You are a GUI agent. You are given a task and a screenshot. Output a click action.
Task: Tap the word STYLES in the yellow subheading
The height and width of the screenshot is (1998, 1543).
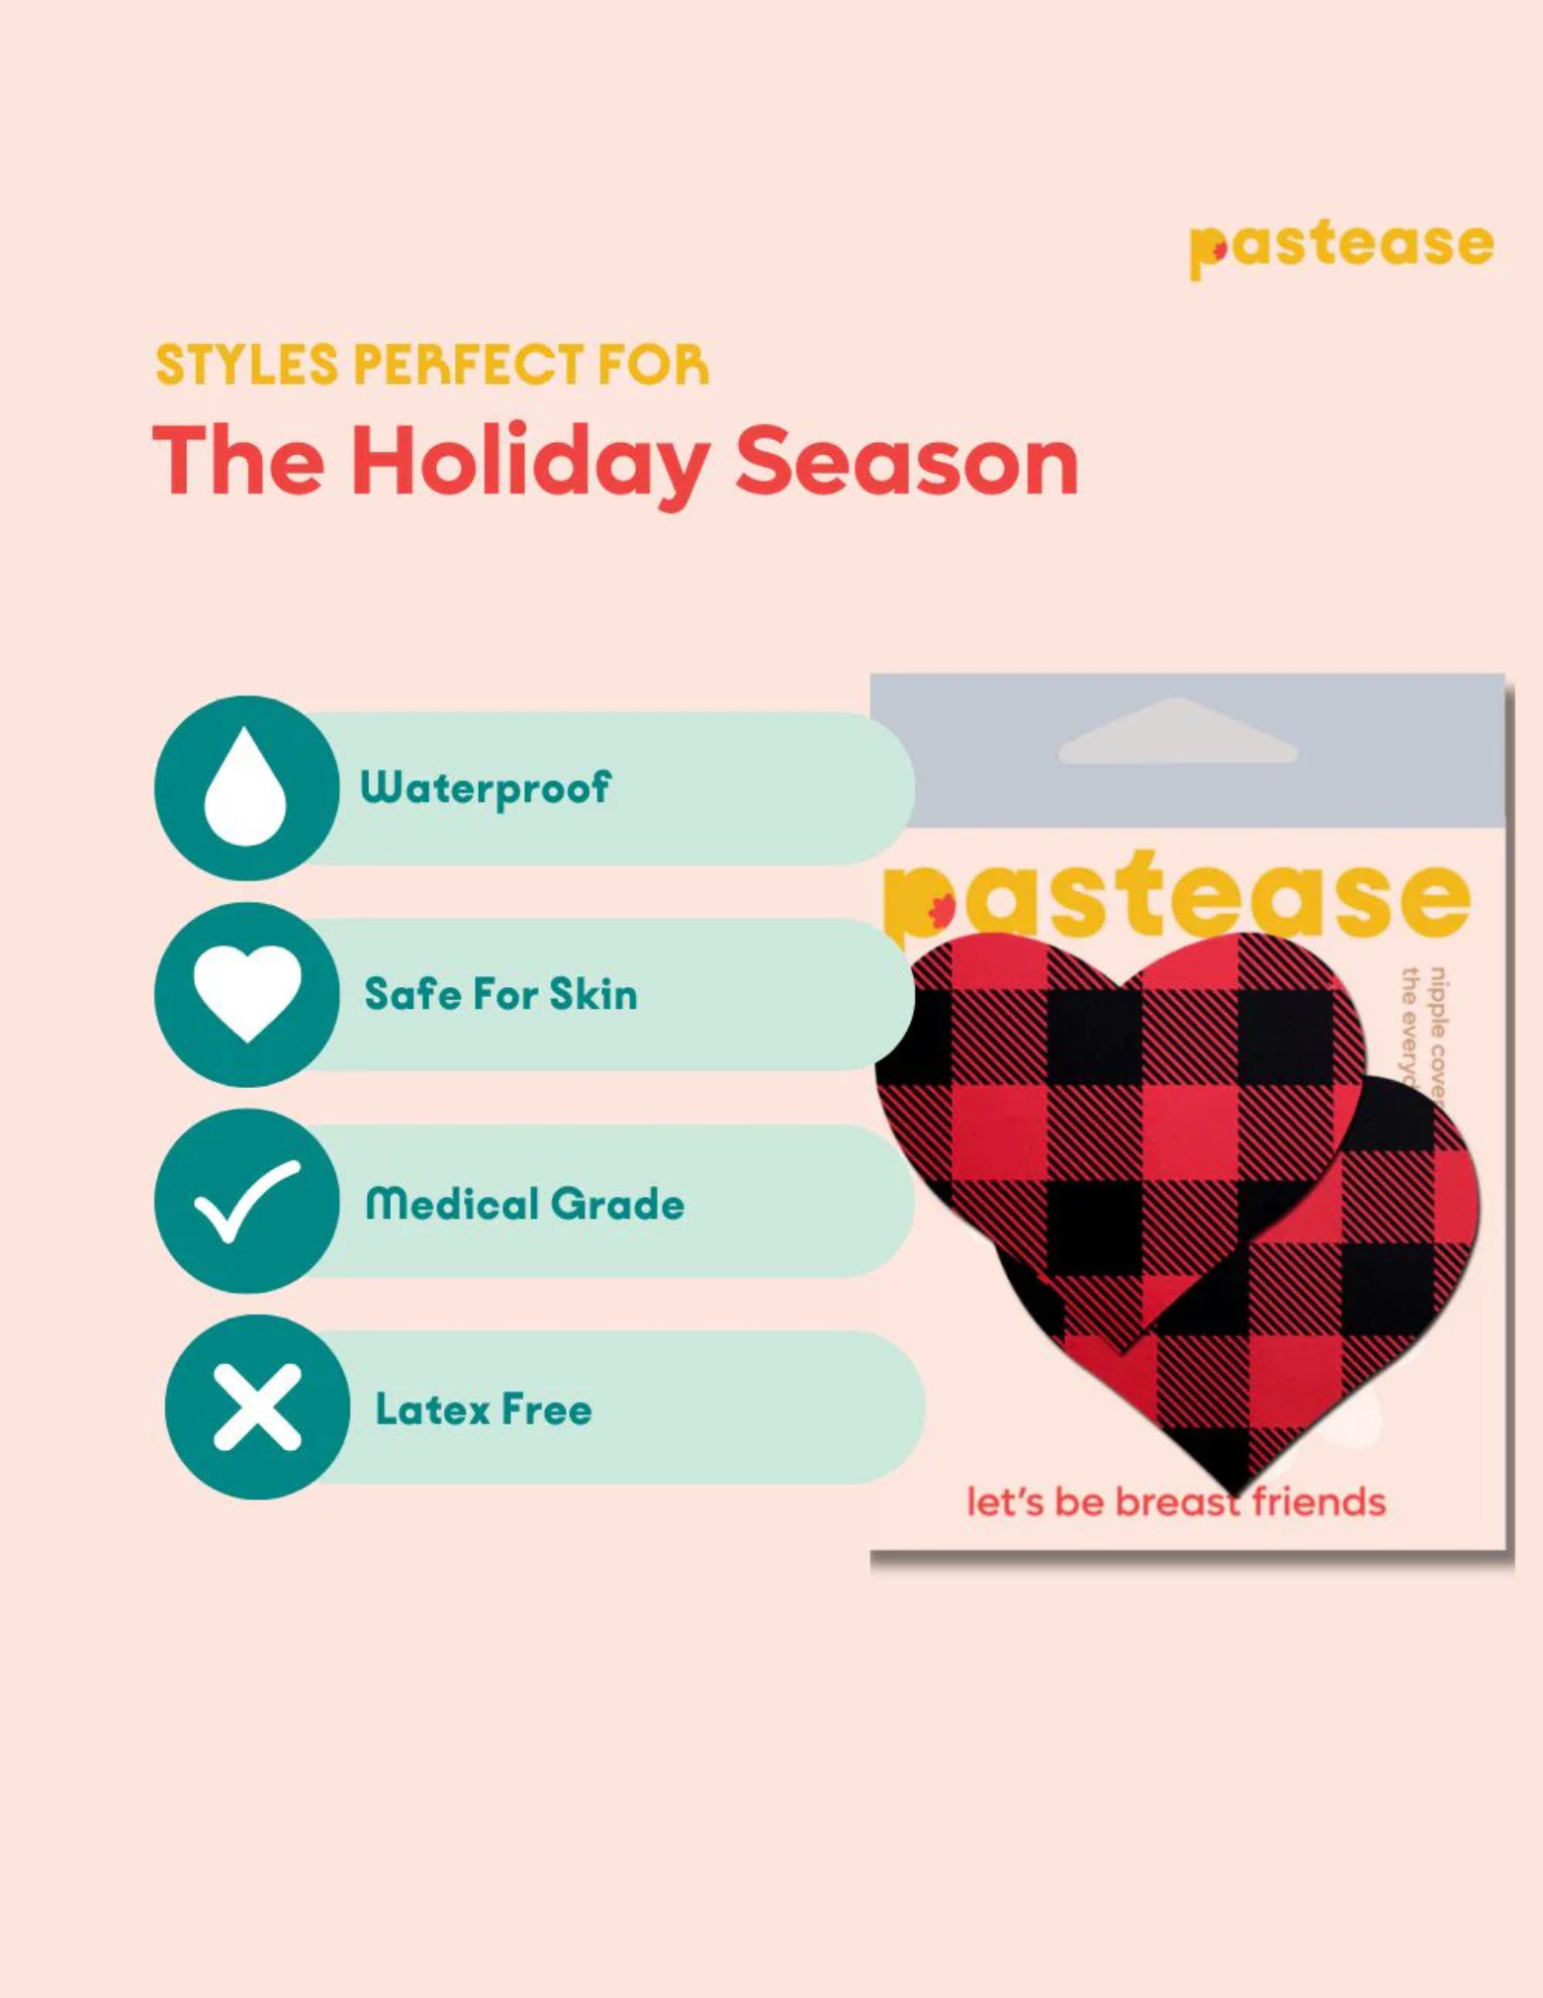point(246,365)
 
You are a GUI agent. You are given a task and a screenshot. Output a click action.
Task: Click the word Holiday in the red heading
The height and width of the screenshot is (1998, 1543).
point(529,462)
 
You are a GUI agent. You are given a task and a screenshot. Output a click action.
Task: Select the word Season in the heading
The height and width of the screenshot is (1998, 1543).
point(906,462)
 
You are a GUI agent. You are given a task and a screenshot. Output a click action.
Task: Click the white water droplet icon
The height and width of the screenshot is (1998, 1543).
point(245,788)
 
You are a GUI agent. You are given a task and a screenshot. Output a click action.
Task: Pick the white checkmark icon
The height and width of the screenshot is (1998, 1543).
point(246,1201)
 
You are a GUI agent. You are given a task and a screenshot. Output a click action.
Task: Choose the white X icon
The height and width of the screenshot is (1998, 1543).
point(257,1407)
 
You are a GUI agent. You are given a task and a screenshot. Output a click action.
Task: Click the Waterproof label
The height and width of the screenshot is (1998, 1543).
point(485,788)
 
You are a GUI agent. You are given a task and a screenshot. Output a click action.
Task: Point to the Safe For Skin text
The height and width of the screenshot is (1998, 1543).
point(500,994)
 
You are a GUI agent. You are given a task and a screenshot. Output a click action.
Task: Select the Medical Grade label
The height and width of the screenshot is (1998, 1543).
point(524,1204)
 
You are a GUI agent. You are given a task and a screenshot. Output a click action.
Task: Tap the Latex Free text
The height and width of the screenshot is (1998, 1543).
point(484,1408)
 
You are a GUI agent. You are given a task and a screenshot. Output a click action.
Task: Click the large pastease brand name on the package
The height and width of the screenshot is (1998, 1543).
point(1177,895)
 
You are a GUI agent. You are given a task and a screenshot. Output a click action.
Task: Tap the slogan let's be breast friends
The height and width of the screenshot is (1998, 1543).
point(1175,1501)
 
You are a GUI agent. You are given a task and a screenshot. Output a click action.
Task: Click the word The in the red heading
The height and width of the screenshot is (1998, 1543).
point(238,462)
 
